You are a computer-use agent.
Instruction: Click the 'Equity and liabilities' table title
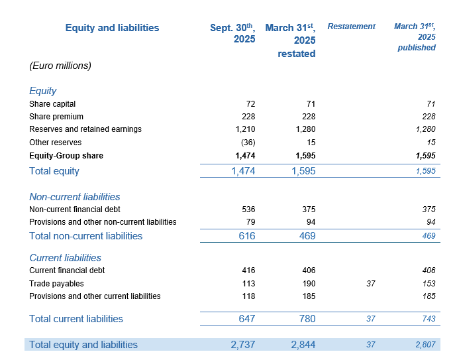pyautogui.click(x=112, y=28)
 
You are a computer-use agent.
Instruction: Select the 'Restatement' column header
pyautogui.click(x=351, y=27)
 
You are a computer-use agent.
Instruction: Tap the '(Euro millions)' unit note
pyautogui.click(x=60, y=66)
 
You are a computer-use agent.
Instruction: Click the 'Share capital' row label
pyautogui.click(x=52, y=104)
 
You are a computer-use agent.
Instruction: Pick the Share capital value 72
pyautogui.click(x=250, y=104)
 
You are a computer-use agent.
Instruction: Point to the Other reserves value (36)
pyautogui.click(x=246, y=143)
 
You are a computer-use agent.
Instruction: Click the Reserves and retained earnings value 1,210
pyautogui.click(x=244, y=129)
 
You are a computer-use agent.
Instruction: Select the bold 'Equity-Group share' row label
pyautogui.click(x=66, y=156)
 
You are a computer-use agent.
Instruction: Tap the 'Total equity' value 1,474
pyautogui.click(x=242, y=171)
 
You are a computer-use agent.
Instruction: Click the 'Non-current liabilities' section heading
pyautogui.click(x=75, y=197)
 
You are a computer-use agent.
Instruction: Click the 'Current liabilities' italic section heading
pyautogui.click(x=65, y=258)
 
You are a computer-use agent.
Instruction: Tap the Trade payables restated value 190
pyautogui.click(x=307, y=283)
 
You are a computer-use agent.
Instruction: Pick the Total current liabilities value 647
pyautogui.click(x=246, y=319)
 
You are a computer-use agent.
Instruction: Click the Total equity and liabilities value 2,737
pyautogui.click(x=242, y=345)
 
